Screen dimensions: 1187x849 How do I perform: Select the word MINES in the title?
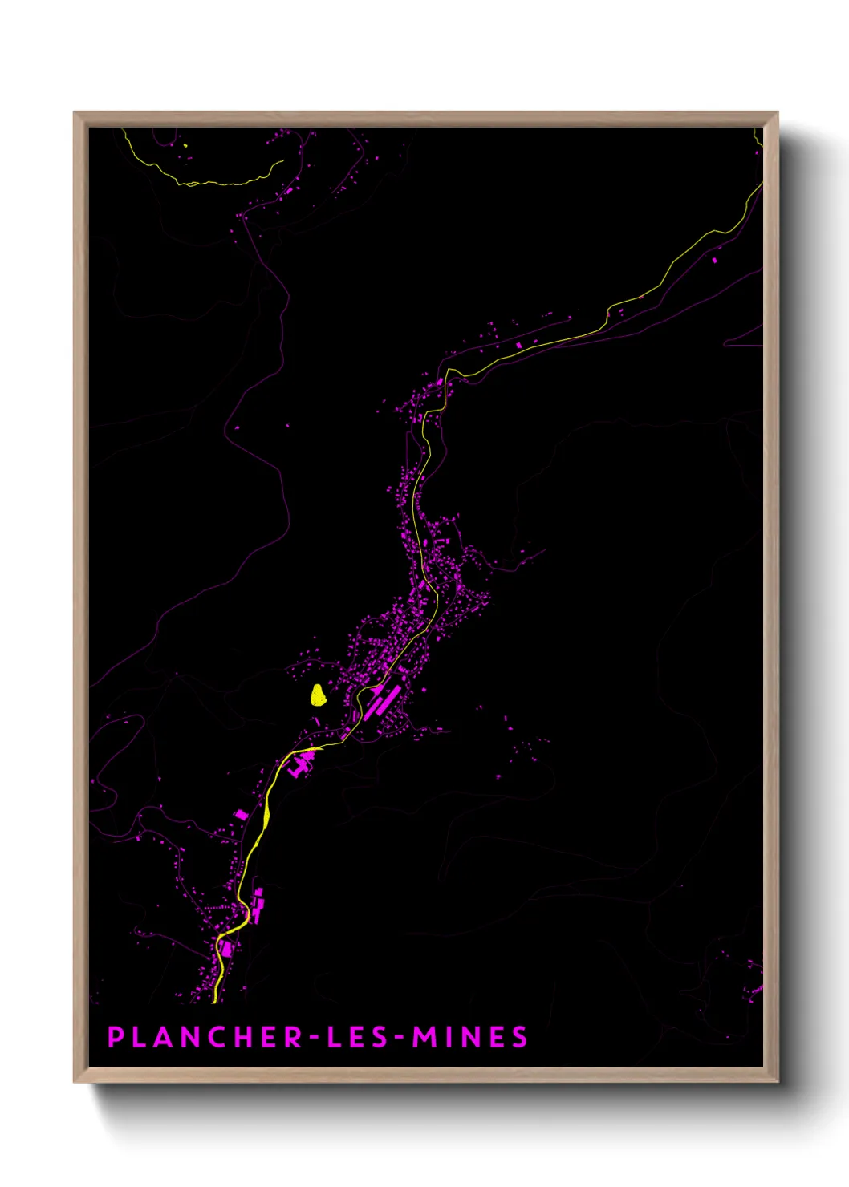tap(470, 1037)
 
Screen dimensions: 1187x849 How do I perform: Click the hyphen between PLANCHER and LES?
tap(314, 1038)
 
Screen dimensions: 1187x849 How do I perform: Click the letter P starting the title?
tap(116, 1037)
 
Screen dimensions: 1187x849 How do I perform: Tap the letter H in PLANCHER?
tap(246, 1037)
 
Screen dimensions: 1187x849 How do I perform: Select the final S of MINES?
tap(520, 1037)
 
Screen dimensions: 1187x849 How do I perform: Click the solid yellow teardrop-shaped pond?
tap(319, 695)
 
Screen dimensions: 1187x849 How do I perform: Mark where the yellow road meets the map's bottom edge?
tap(215, 1001)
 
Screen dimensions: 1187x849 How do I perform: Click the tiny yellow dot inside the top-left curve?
tap(185, 145)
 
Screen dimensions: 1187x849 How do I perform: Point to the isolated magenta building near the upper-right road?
tap(715, 260)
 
